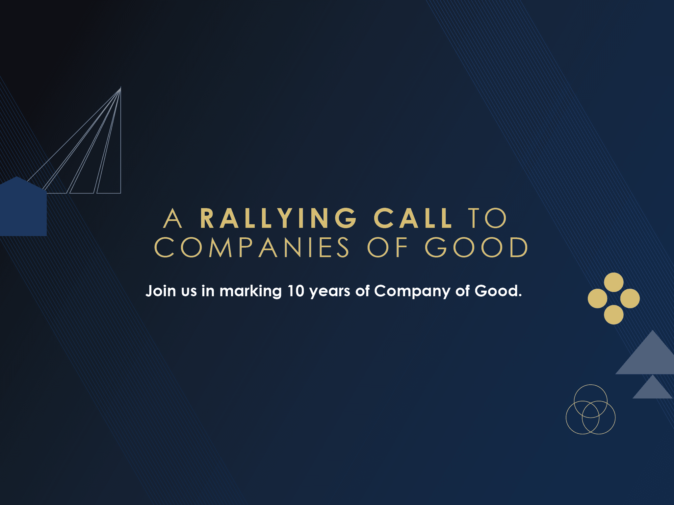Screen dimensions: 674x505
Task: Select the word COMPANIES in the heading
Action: tap(252, 247)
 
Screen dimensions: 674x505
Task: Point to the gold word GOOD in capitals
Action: tap(477, 247)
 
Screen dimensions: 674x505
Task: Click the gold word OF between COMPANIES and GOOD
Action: tap(388, 247)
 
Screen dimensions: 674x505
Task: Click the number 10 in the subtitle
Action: tap(296, 291)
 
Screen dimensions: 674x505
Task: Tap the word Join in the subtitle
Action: tap(161, 291)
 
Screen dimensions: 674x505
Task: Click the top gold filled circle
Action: tap(614, 282)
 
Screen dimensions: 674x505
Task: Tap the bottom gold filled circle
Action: tap(614, 315)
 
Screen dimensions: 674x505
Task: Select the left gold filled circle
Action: tap(597, 299)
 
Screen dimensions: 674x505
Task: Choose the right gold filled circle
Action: tap(630, 299)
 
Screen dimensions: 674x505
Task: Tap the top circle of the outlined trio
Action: tap(591, 385)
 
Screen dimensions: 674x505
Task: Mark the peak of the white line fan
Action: tap(121, 87)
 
